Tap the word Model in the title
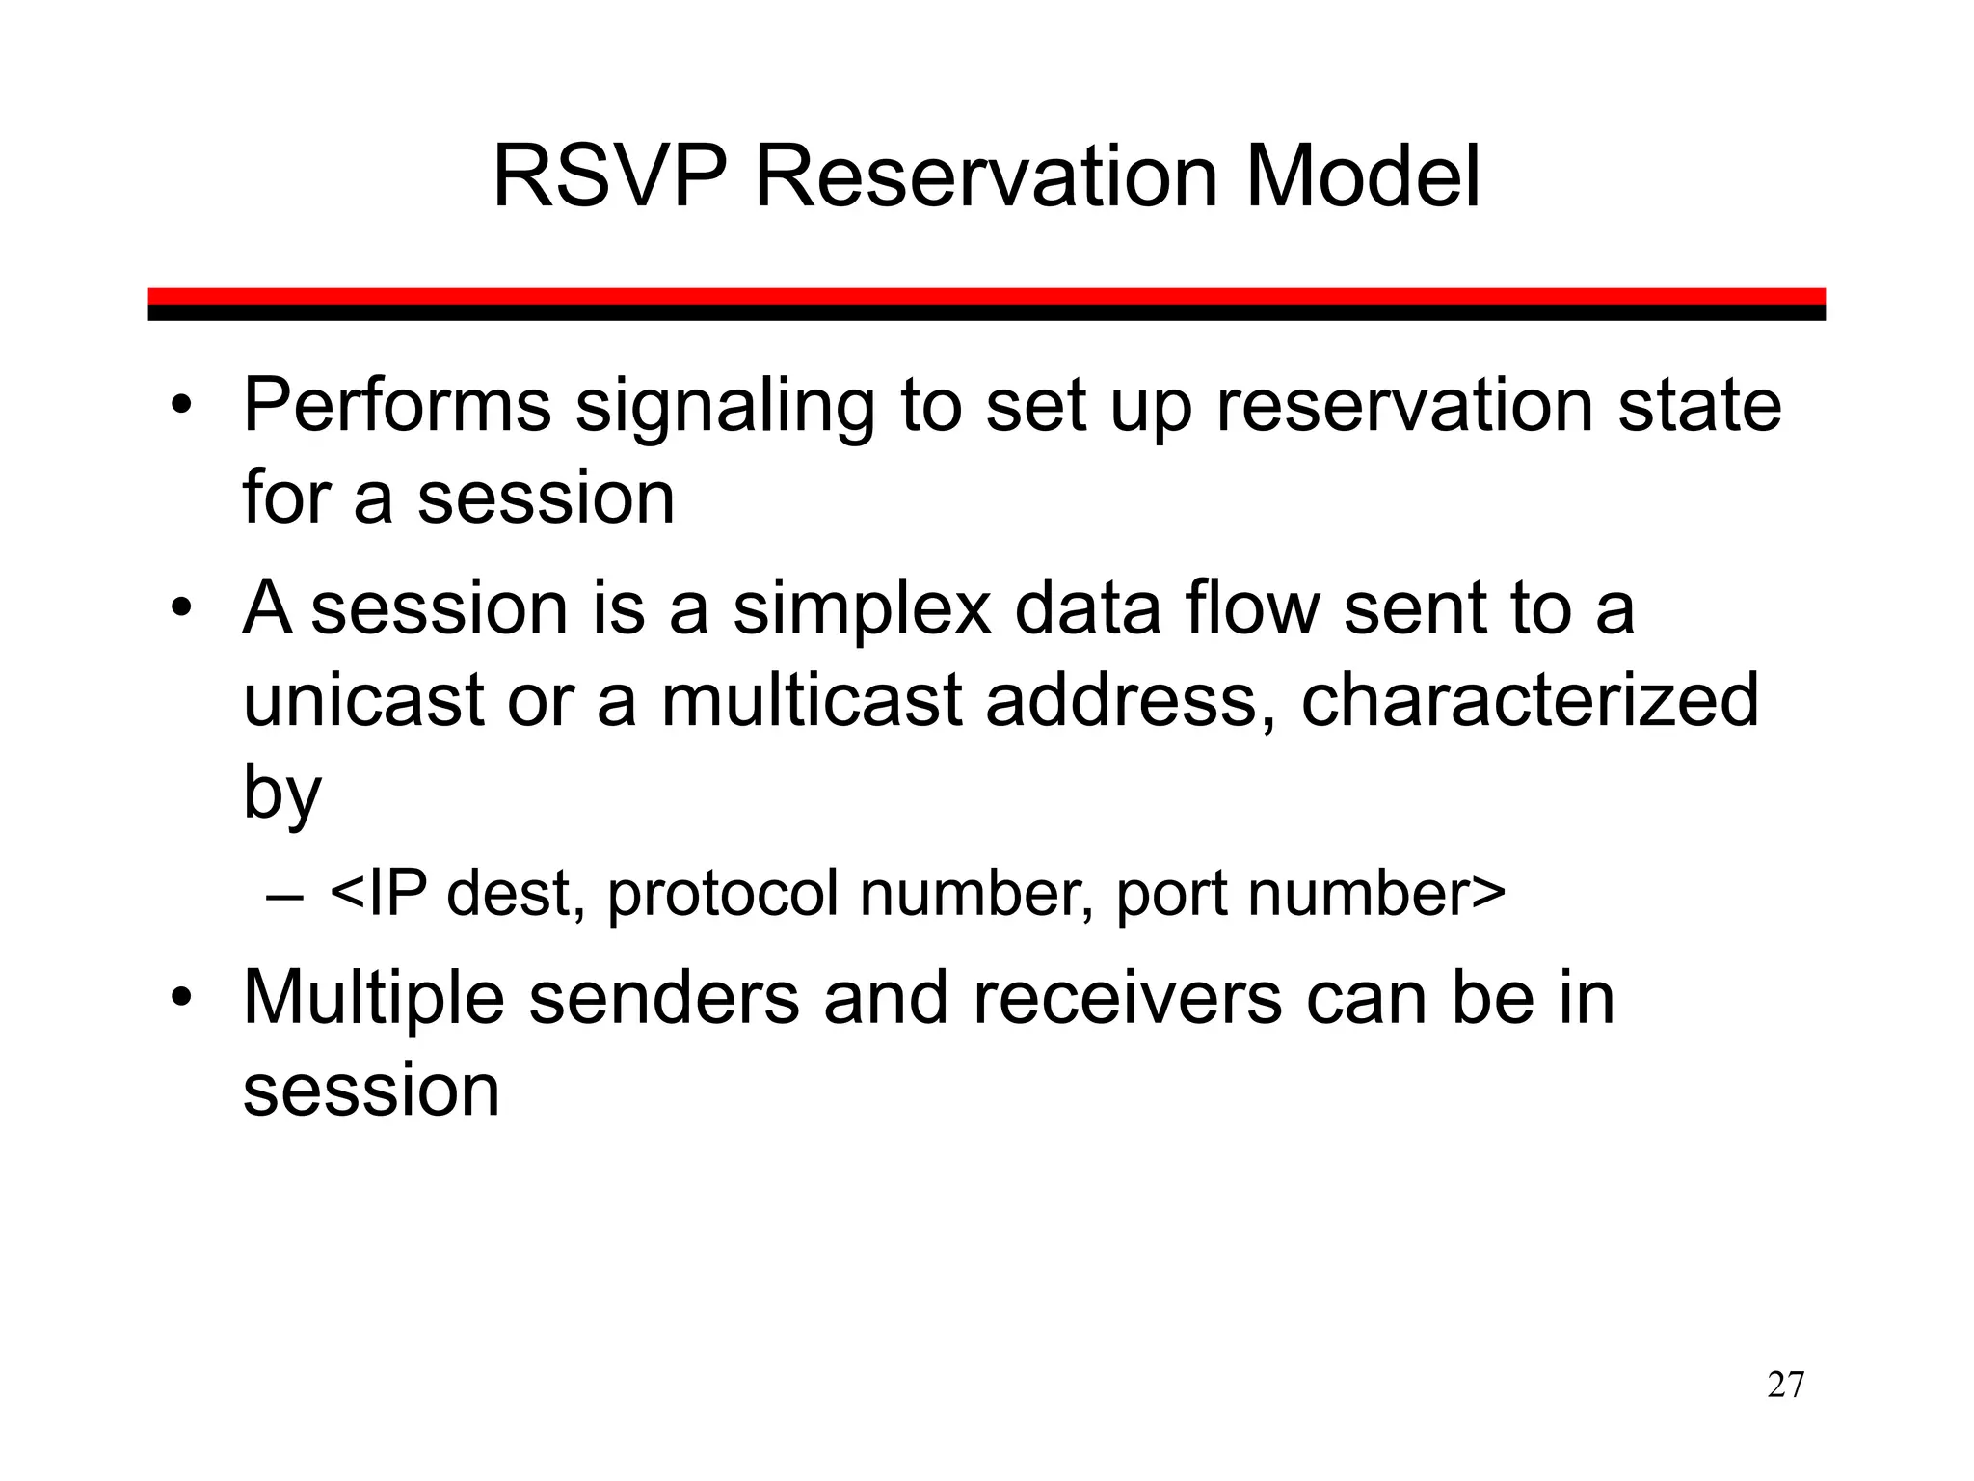pyautogui.click(x=1362, y=176)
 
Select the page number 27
pyautogui.click(x=1785, y=1385)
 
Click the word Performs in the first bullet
pyautogui.click(x=396, y=406)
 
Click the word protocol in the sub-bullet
pyautogui.click(x=723, y=895)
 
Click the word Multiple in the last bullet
pyautogui.click(x=374, y=1000)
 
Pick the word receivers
pyautogui.click(x=1127, y=998)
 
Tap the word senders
pyautogui.click(x=664, y=998)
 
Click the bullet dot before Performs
pyautogui.click(x=180, y=407)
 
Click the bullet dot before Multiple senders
pyautogui.click(x=180, y=999)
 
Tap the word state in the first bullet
pyautogui.click(x=1698, y=406)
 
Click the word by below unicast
pyautogui.click(x=281, y=794)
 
